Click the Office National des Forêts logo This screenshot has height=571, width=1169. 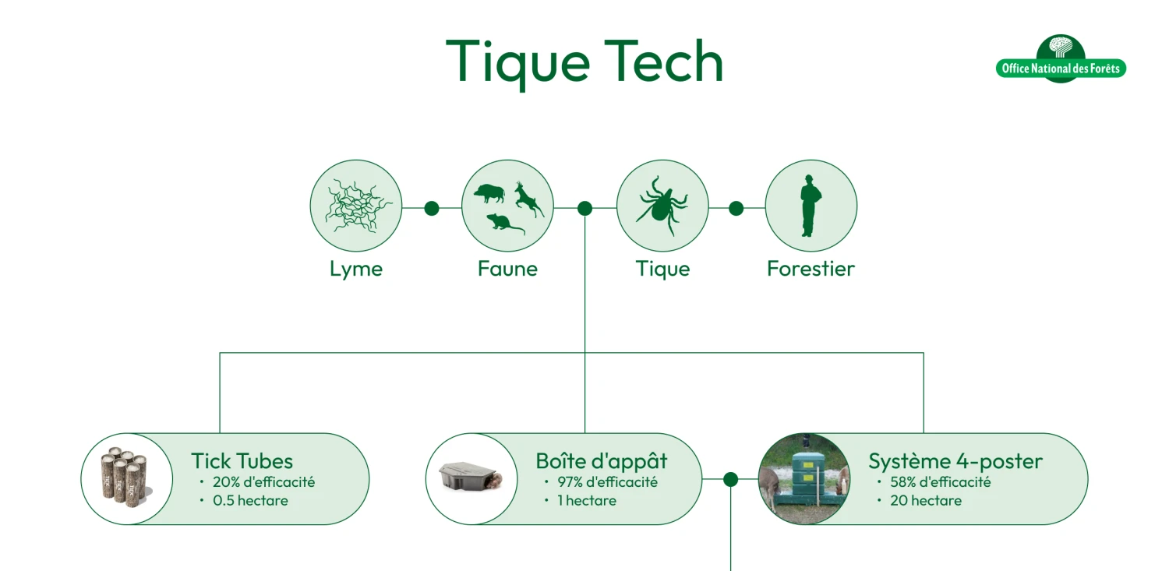(1061, 59)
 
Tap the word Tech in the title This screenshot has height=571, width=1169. (663, 62)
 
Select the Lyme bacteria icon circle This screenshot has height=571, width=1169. (356, 206)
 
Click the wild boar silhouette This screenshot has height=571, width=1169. (489, 192)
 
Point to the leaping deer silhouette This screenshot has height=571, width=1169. (528, 199)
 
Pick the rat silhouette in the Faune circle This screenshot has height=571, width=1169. (505, 224)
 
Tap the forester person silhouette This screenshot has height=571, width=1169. (810, 206)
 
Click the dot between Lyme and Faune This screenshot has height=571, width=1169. (432, 209)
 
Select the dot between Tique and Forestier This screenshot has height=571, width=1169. (736, 209)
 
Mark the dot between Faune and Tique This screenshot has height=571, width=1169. (585, 209)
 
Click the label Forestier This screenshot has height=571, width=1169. (811, 269)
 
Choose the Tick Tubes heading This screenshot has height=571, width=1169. (242, 460)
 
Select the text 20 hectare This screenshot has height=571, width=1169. (926, 501)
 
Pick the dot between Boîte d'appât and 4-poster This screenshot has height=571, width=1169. (731, 479)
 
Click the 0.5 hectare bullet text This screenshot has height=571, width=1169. (250, 501)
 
